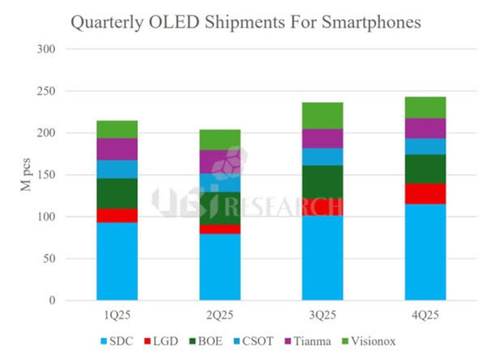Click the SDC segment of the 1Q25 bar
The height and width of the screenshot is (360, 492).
pos(117,261)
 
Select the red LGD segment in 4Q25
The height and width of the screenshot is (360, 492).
pos(425,194)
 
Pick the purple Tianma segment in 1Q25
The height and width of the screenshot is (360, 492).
pos(117,149)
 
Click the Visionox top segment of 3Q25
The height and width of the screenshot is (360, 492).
pos(322,115)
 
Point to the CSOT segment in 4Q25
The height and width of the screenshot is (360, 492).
pos(425,146)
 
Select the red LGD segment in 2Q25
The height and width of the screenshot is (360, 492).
pos(220,229)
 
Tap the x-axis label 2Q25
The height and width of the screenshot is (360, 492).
pos(220,316)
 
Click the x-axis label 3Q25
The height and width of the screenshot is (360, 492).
pos(322,316)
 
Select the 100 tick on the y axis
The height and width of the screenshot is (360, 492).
pos(45,217)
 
